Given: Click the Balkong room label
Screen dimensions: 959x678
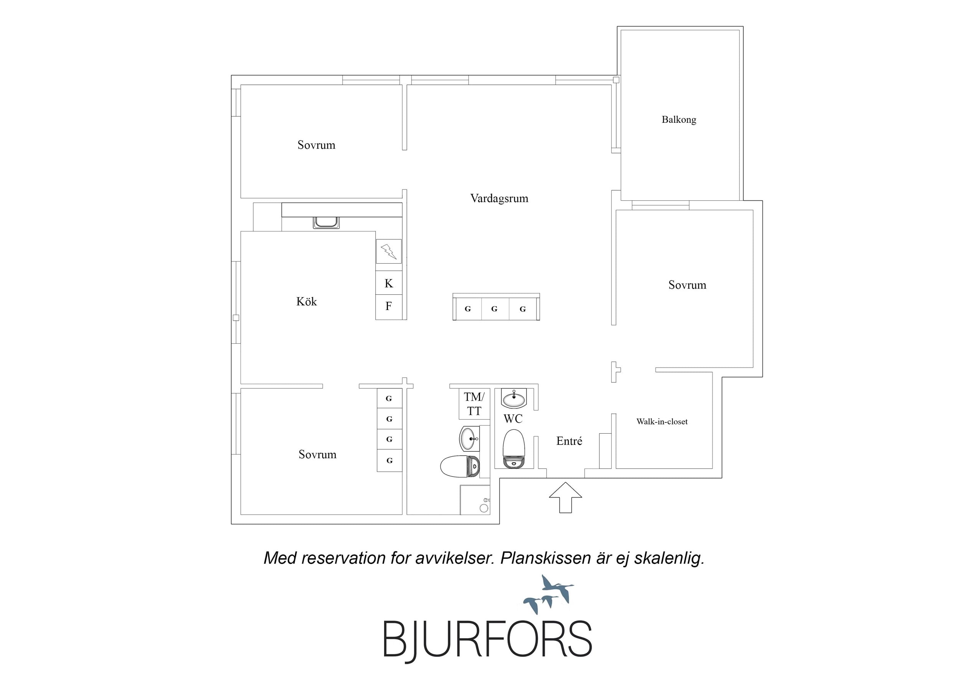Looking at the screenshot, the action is coord(679,120).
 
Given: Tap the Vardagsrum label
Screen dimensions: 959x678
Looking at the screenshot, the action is coord(499,198).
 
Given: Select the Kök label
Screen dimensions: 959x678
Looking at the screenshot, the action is coord(307,301).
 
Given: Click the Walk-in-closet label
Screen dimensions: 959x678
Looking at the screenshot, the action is coord(662,422).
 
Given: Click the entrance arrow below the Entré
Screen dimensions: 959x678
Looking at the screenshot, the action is coord(565,497).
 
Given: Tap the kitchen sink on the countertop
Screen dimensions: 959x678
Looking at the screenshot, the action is coord(326,222).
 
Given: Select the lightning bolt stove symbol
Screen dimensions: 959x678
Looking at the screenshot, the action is coord(388,251).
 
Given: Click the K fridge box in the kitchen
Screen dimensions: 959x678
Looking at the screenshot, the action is coord(388,283).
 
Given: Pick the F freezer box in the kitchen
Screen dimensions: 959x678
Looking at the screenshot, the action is coord(388,307).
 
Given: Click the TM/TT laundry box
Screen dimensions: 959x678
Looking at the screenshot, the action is coord(474,404).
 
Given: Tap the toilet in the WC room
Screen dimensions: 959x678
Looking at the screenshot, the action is coord(513,449).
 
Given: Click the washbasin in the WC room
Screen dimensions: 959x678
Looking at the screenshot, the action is coord(514,398).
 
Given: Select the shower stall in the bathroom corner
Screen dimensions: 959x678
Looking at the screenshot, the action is coord(475,500).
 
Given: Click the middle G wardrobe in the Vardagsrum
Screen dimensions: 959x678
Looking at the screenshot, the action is coord(495,309).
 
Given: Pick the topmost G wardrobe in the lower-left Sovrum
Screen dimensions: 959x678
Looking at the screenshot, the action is coord(389,398).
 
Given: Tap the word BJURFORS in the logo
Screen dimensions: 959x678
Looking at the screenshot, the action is coord(487,640).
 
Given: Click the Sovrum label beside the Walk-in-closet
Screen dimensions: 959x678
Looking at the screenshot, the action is coord(687,285).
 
